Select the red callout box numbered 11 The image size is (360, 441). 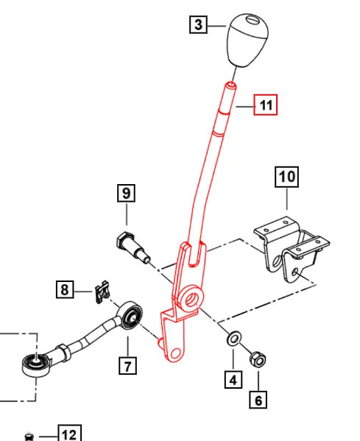(265, 106)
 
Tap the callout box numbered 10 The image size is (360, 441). (286, 177)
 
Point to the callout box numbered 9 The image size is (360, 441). (127, 194)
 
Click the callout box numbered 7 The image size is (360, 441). (127, 364)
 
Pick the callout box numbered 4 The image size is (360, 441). (233, 380)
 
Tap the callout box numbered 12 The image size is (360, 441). (71, 434)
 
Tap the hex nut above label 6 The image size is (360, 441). (258, 359)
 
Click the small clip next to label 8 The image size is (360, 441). (102, 292)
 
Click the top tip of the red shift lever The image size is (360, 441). (231, 86)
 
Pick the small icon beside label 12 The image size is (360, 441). (28, 436)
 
